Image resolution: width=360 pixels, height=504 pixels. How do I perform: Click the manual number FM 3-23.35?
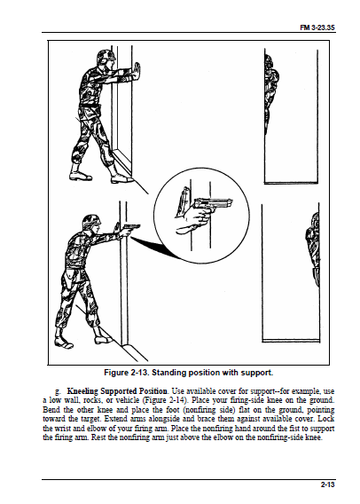coord(317,28)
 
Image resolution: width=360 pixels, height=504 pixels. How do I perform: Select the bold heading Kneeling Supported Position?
coord(118,391)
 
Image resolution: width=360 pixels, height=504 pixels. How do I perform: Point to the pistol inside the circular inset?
coord(213,204)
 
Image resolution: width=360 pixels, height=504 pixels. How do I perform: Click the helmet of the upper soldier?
coord(106,55)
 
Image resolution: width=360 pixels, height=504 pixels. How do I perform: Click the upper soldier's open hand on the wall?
coord(137,71)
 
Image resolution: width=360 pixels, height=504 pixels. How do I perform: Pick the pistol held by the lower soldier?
coord(131,228)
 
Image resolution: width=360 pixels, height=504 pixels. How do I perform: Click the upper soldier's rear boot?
coord(79,173)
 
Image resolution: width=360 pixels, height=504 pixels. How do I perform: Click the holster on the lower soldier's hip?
coord(69,278)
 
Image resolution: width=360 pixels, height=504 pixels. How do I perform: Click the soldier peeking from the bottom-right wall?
coord(312,249)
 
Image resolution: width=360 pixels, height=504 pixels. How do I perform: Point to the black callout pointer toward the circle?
coord(154,248)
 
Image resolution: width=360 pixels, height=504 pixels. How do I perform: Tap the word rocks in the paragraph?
coord(92,400)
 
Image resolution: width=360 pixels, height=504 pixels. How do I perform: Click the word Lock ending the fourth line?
coord(326,419)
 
